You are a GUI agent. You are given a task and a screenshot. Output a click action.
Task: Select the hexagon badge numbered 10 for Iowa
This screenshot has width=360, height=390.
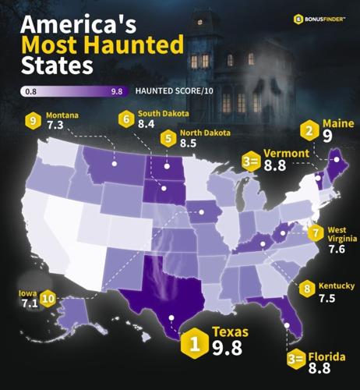[48, 296]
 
